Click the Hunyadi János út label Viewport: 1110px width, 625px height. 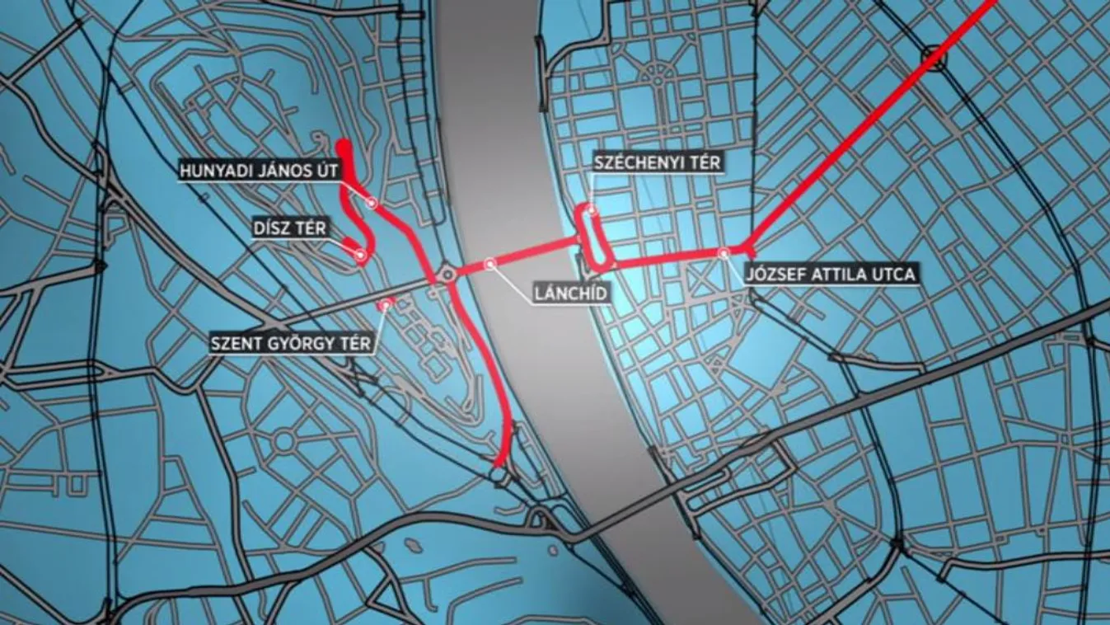coord(259,172)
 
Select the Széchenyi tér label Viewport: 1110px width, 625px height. coord(658,162)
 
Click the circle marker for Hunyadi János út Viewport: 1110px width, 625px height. coord(371,201)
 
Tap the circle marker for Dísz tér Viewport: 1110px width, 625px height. coord(360,255)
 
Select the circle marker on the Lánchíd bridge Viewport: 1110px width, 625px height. coord(490,264)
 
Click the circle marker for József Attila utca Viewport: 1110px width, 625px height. coord(724,252)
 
